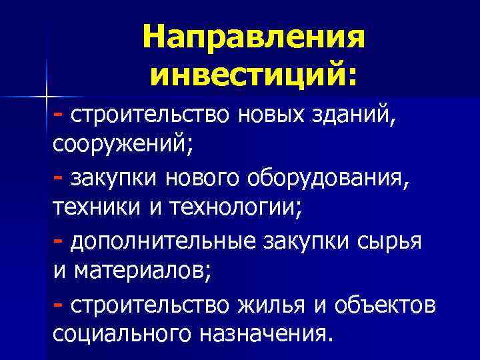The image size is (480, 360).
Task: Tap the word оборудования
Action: [x=339, y=179]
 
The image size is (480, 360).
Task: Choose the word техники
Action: [x=94, y=208]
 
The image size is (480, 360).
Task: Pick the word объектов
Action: [x=387, y=304]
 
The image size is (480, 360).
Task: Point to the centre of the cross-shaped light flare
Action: [x=48, y=95]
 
